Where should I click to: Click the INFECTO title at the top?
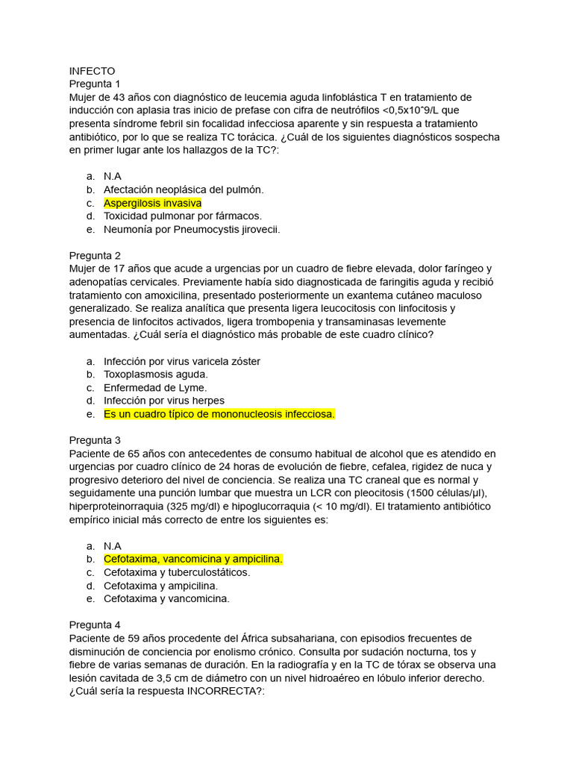92,71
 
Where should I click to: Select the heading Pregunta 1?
95,84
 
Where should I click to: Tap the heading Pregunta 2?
95,255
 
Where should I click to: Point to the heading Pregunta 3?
95,440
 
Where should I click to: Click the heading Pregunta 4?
95,624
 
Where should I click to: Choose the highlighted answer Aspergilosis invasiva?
152,203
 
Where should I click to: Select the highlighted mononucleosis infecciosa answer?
219,414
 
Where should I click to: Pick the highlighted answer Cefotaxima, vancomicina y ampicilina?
193,559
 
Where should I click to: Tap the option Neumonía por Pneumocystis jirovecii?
192,230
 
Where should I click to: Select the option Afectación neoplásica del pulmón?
184,190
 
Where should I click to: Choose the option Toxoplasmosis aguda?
156,375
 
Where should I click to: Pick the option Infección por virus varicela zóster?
182,361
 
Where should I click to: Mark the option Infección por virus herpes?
164,401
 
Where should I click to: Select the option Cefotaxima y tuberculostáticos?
177,572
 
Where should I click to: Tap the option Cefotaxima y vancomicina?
166,598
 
